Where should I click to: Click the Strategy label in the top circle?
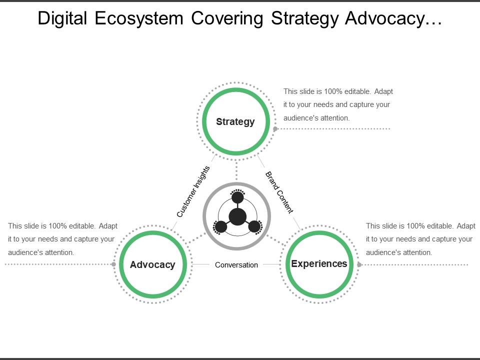235,121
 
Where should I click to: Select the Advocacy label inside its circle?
152,264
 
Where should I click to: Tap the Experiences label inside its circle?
319,263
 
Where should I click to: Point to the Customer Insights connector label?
193,191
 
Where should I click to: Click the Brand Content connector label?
278,192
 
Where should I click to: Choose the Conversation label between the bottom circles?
236,265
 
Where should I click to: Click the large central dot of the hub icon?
237,216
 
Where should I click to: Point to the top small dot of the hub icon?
237,197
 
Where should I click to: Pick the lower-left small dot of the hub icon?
221,227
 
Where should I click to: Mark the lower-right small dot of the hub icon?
254,227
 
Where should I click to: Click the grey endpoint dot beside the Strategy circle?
275,129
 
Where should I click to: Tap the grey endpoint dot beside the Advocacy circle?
114,264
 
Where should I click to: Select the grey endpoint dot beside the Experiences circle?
359,264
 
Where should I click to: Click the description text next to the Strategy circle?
338,105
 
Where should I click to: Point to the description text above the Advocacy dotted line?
62,239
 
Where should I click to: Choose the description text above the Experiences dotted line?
420,239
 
